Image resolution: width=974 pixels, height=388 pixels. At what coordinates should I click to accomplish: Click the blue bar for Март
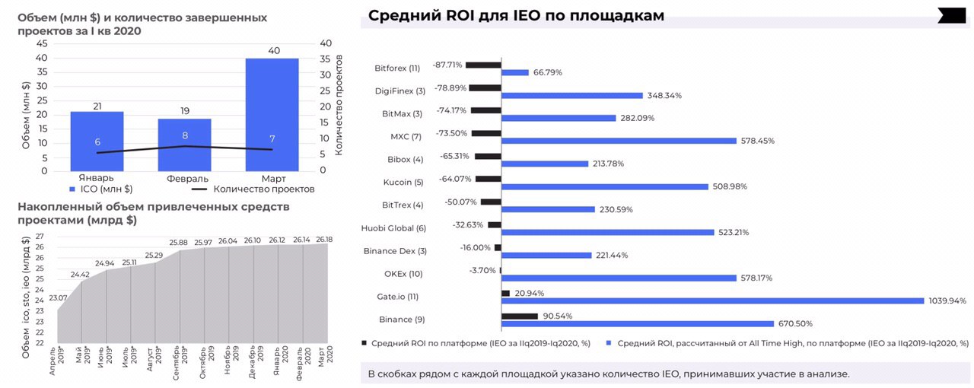coord(272,114)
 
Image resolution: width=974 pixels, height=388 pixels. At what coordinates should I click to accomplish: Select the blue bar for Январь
coord(97,141)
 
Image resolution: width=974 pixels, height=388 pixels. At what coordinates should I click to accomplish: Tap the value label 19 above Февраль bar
coord(185,111)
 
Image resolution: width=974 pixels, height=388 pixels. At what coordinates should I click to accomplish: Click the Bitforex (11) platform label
coord(397,68)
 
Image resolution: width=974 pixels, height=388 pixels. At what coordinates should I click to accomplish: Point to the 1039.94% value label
coord(947,301)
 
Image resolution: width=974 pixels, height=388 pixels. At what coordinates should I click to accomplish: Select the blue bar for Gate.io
coord(713,301)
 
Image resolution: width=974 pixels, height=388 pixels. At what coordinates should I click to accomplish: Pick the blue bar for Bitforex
coord(515,73)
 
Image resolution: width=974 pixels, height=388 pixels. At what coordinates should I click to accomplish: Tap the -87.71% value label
coord(447,65)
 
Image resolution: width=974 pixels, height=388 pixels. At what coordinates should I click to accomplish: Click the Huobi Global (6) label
coord(393,227)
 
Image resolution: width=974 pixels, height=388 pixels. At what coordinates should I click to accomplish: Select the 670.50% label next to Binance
coord(796,323)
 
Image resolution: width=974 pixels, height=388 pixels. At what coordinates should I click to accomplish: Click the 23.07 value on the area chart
coord(58,297)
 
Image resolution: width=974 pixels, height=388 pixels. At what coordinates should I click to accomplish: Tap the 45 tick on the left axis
coord(42,43)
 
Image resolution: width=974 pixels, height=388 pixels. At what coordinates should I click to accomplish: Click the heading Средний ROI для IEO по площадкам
coord(516,16)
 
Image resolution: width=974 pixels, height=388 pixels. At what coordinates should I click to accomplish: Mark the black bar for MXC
coord(486,133)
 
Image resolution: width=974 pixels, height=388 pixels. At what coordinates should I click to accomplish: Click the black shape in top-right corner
coord(951,15)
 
